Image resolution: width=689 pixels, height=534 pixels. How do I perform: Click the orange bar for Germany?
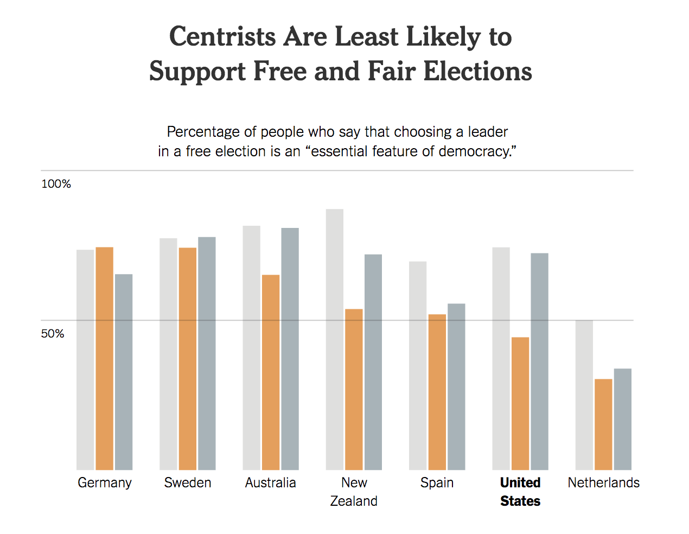point(105,358)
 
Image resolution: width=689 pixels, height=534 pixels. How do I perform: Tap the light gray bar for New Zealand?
point(335,339)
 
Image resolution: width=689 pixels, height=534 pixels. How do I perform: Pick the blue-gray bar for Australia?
point(290,348)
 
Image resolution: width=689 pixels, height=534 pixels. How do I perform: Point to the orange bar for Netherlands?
point(603,424)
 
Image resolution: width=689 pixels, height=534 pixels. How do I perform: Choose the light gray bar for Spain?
point(418,365)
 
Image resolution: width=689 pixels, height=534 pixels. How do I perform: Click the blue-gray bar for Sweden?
point(207,353)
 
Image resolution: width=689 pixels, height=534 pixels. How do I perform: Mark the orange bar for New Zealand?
point(354,389)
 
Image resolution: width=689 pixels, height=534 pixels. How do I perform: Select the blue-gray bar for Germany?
point(124,372)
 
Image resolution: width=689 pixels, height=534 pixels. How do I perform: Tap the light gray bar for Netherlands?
point(584,395)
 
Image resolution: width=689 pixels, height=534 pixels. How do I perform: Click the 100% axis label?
point(56,184)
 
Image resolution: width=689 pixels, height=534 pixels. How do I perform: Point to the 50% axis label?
point(53,333)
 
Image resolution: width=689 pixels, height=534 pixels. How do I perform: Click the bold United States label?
point(520,492)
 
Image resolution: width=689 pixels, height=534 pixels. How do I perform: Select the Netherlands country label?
point(603,482)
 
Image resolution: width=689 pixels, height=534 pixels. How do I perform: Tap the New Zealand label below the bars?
point(354,492)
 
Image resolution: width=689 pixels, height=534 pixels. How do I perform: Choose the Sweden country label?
point(188,482)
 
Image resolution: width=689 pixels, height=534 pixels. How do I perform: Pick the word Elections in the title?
point(477,71)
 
